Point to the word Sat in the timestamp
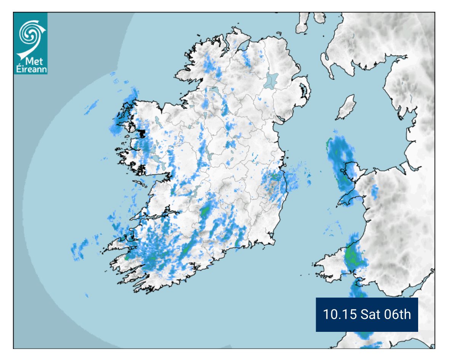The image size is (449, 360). pos(372,315)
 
